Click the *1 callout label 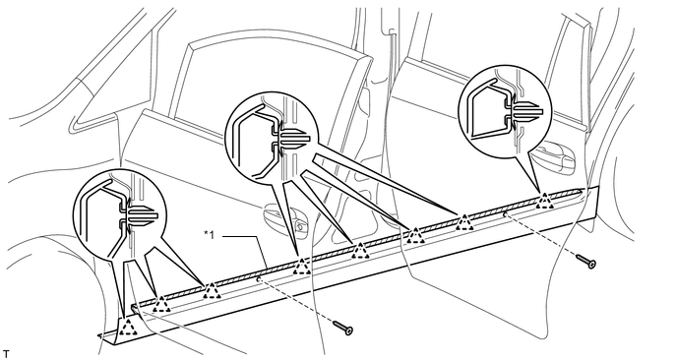(x=209, y=234)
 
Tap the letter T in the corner (x=5, y=354)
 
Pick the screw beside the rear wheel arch (x=586, y=261)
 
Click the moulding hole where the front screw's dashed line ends (x=258, y=279)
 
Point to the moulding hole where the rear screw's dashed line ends (x=504, y=213)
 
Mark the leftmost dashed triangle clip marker (x=128, y=328)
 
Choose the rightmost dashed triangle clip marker (x=545, y=201)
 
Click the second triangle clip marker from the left (x=161, y=304)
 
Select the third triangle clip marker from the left (x=212, y=291)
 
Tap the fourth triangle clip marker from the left (x=301, y=267)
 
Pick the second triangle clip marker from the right (x=464, y=221)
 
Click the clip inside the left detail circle (x=138, y=215)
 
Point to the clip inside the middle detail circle (x=290, y=138)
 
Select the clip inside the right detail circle (x=523, y=109)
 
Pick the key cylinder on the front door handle (x=299, y=224)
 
